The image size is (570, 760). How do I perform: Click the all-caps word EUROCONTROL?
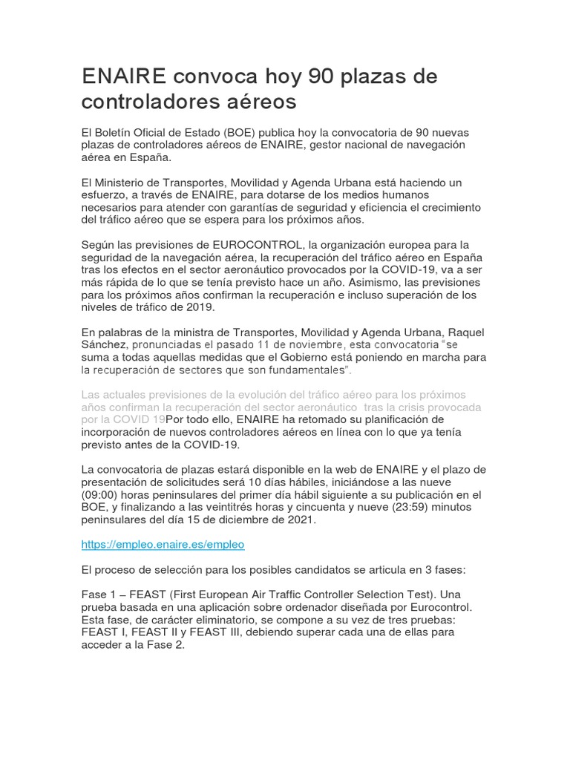[258, 245]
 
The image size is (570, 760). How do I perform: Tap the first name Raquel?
[466, 331]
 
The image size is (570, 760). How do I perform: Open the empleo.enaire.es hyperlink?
[163, 544]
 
